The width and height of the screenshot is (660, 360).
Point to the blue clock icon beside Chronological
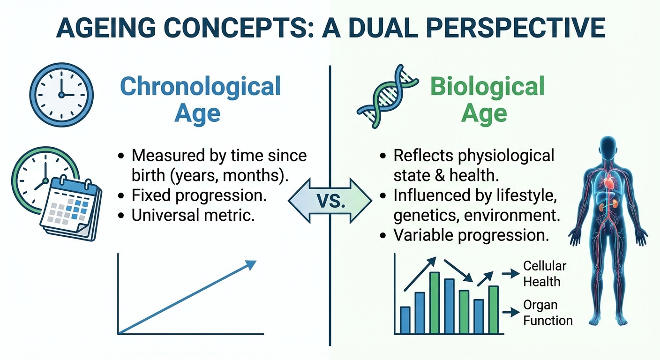(x=61, y=94)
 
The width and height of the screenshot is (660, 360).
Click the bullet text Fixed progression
(x=199, y=195)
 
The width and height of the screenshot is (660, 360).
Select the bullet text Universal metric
(x=193, y=216)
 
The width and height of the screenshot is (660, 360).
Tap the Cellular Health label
(x=544, y=274)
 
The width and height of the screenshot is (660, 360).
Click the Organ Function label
(x=547, y=313)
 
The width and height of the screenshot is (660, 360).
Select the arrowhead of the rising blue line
(x=251, y=265)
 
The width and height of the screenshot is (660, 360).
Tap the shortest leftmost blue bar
(x=405, y=320)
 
